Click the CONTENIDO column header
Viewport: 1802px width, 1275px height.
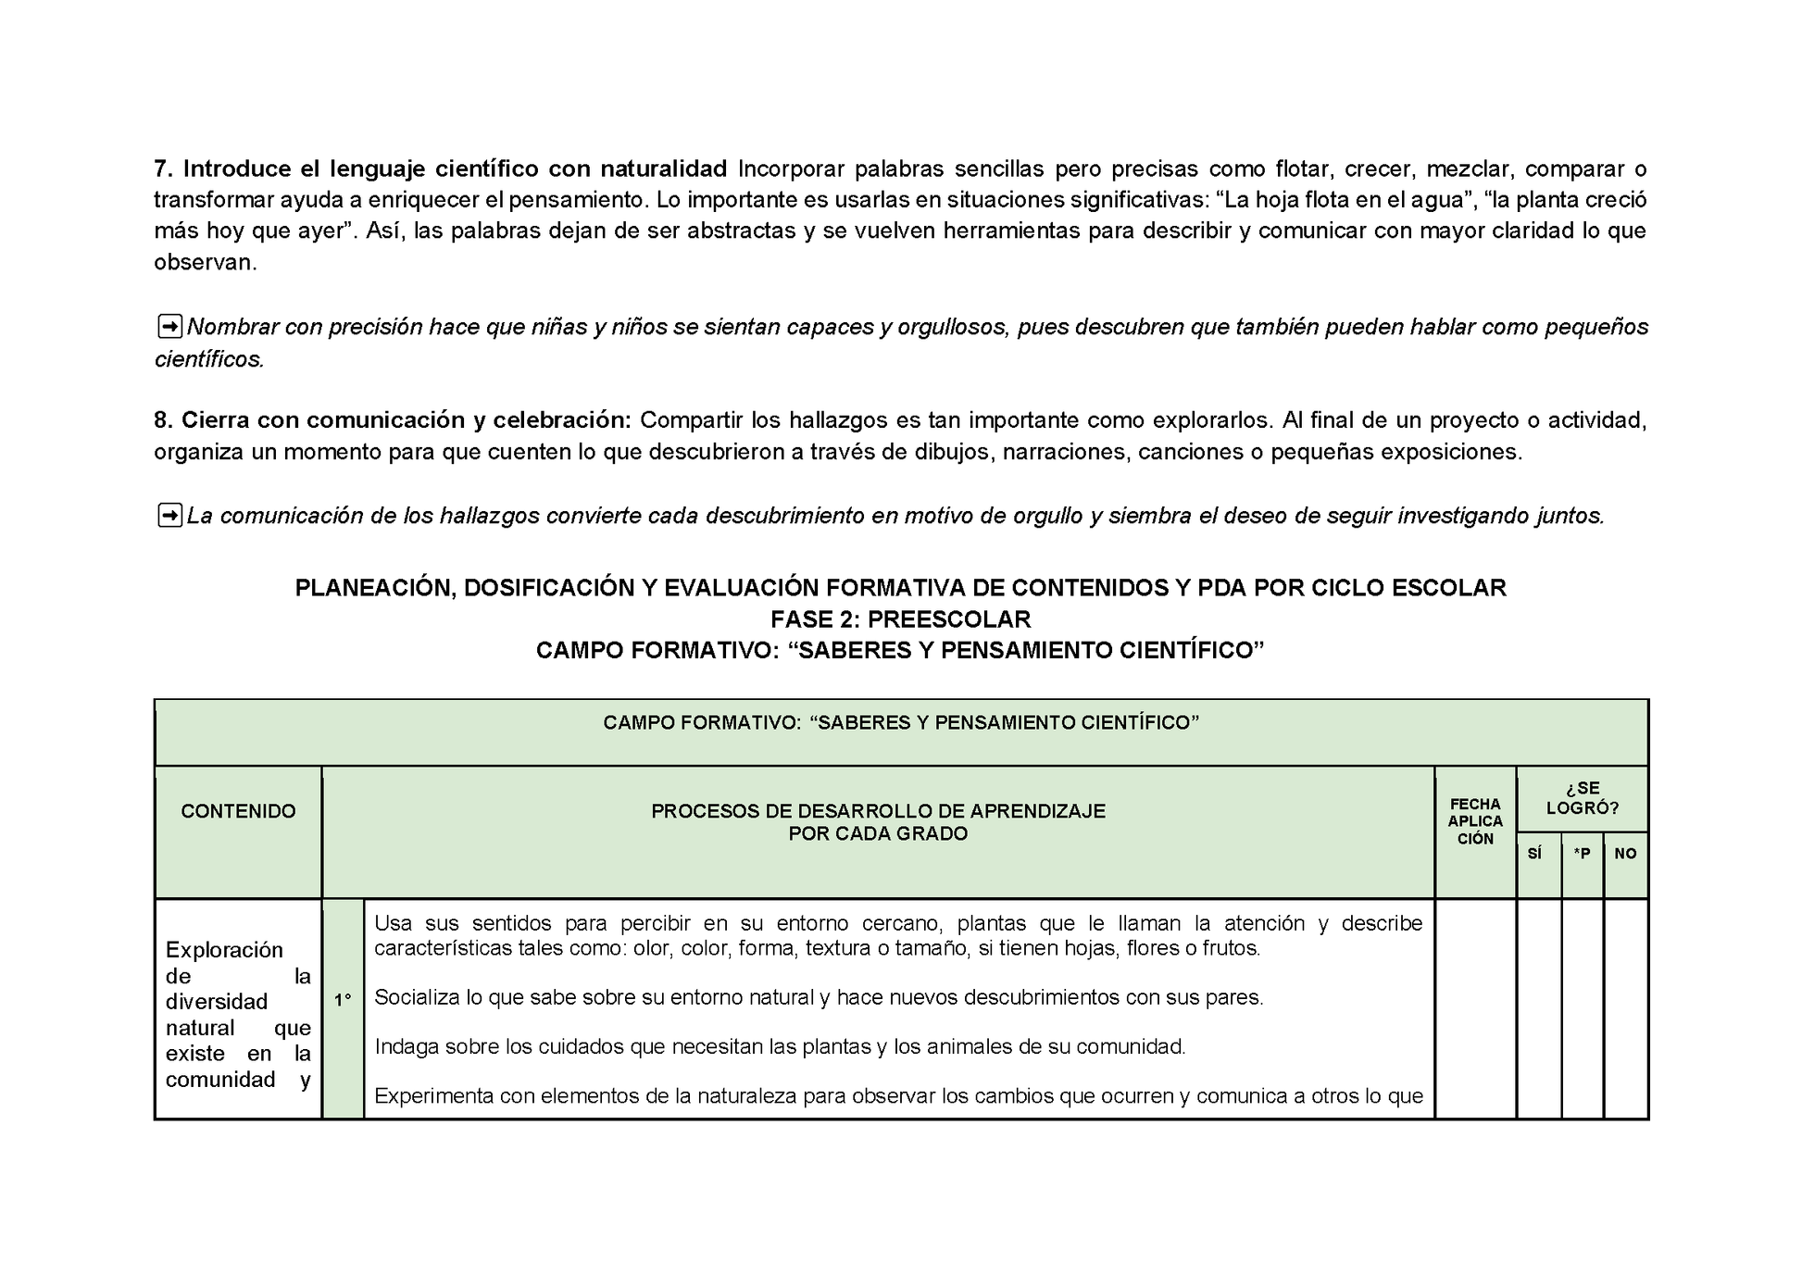pos(238,811)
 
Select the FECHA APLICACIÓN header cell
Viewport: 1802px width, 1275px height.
pos(1475,821)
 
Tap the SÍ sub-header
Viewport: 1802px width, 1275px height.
pos(1534,854)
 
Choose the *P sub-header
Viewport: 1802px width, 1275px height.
pos(1582,854)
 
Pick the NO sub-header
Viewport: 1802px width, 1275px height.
pos(1625,854)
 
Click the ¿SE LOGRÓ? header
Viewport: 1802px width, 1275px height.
pos(1582,798)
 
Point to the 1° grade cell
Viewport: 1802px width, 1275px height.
pos(343,1000)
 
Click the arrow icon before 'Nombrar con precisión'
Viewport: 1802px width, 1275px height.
pos(169,327)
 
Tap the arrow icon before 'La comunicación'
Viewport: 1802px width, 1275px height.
pos(169,516)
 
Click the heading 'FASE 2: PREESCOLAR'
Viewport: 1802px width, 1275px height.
pos(900,619)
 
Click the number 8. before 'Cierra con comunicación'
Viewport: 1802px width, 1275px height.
pos(163,420)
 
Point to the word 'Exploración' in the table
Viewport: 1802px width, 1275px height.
pos(224,950)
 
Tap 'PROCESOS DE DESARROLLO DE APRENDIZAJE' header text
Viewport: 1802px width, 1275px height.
pos(878,811)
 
